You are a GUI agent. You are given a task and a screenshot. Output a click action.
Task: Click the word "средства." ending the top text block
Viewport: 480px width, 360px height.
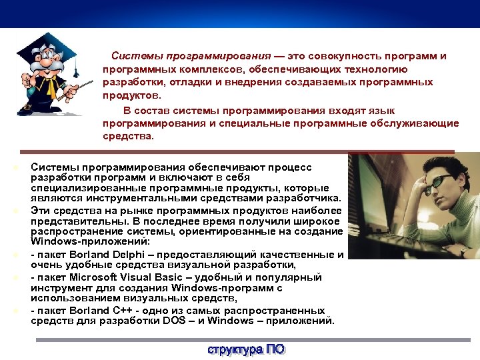click(128, 136)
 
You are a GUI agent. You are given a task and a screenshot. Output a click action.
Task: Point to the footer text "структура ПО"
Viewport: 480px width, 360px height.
click(246, 350)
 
